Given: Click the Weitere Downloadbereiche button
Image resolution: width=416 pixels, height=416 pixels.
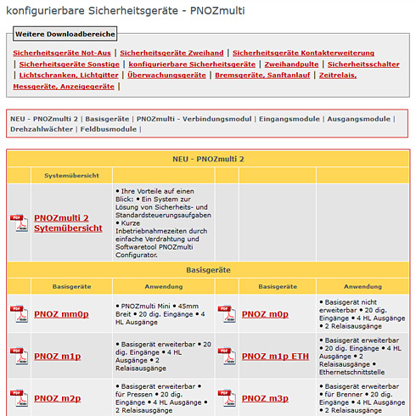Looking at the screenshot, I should [x=65, y=34].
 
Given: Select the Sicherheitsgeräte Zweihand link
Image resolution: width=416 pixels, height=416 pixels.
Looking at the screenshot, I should [x=171, y=53].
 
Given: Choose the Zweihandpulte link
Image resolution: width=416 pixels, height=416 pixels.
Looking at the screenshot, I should [x=291, y=64].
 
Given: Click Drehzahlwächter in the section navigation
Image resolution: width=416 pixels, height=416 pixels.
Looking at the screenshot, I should [x=40, y=129].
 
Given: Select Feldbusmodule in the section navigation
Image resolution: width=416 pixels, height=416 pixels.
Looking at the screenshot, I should [x=108, y=129].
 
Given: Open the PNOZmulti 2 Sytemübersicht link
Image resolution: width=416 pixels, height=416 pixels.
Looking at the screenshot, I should [x=68, y=223].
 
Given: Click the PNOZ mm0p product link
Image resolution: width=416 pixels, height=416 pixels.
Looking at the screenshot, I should [x=61, y=314].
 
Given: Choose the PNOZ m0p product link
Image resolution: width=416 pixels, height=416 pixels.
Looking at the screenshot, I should [x=265, y=314].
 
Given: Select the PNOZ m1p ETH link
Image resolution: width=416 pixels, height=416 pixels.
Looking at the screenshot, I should [x=277, y=356].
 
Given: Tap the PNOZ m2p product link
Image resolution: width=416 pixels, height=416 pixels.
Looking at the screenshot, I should [x=58, y=397].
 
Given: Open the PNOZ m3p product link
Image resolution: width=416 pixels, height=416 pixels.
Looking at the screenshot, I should [x=265, y=397].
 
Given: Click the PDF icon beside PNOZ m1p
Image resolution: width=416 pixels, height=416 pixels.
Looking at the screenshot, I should [x=18, y=356].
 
